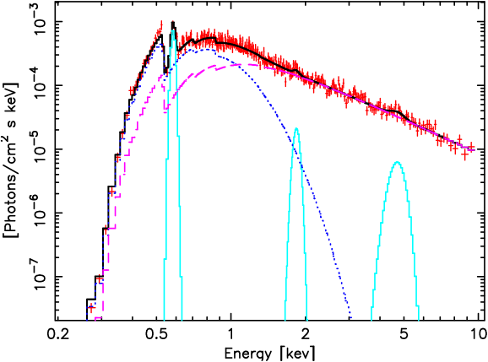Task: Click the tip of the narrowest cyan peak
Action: click(x=173, y=31)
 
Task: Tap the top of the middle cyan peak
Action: click(x=296, y=128)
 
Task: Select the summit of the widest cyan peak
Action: click(x=397, y=162)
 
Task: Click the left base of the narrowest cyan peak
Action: click(x=164, y=320)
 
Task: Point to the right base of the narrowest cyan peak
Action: click(x=183, y=320)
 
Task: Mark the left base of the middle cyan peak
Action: click(x=285, y=320)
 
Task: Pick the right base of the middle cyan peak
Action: click(x=306, y=320)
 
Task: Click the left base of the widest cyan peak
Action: click(x=372, y=320)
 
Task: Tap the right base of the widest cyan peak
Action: click(x=419, y=320)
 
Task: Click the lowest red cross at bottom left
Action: click(x=90, y=309)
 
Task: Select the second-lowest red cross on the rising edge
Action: click(x=100, y=280)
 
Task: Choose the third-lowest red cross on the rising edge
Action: click(x=106, y=229)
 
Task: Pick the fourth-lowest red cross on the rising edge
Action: click(x=111, y=192)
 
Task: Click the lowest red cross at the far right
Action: click(x=465, y=154)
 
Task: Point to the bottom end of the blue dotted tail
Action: click(x=351, y=319)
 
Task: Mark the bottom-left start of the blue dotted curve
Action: click(x=87, y=320)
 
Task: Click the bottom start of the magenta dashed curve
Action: click(x=97, y=319)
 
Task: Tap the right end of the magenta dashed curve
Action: click(x=463, y=143)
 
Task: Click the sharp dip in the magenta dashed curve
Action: click(x=166, y=110)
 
